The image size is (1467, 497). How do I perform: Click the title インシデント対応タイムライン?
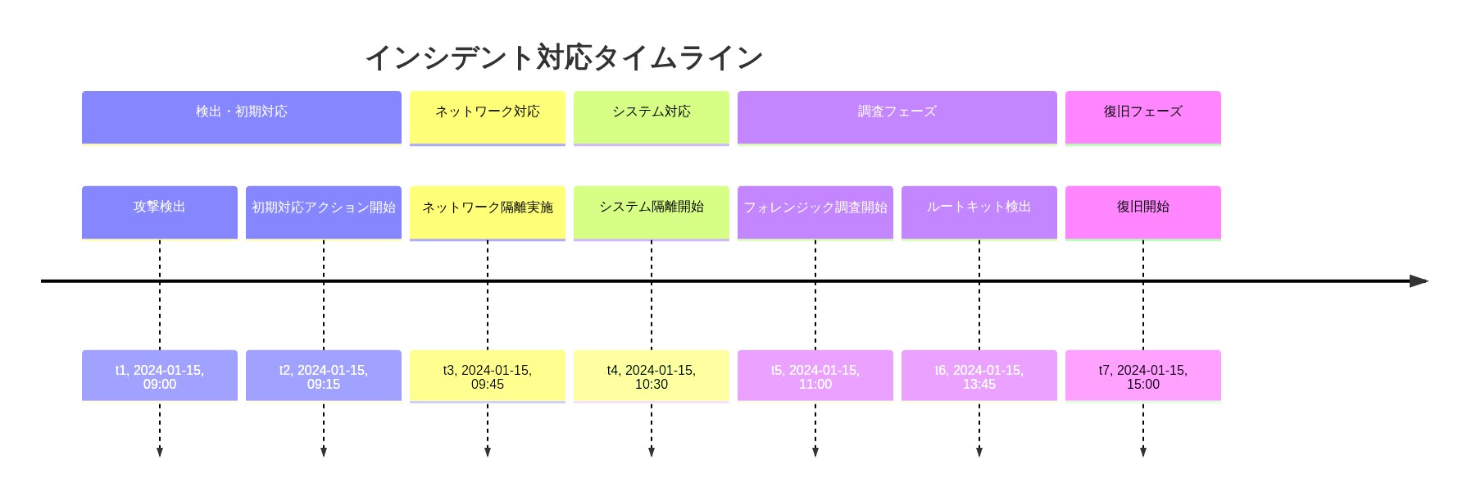[x=564, y=57]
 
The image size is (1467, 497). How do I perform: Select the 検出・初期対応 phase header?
[x=242, y=117]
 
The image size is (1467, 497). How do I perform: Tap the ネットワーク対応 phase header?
[x=488, y=117]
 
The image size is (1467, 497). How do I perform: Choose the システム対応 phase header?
[x=652, y=117]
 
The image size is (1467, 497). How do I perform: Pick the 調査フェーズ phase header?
[x=897, y=117]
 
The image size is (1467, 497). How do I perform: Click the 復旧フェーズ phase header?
[x=1143, y=117]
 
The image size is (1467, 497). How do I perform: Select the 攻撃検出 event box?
[x=160, y=212]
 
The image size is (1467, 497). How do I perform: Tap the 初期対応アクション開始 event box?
[x=324, y=212]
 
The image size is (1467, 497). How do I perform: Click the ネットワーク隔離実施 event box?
[x=488, y=212]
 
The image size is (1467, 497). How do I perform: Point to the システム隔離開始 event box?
[x=652, y=212]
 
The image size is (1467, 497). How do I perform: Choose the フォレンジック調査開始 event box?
[x=815, y=212]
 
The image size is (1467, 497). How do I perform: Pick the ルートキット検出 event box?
[x=979, y=212]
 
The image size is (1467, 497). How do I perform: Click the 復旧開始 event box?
[x=1143, y=212]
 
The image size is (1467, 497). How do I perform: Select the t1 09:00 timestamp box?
[x=160, y=376]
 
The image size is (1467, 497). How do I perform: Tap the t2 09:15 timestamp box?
[x=324, y=376]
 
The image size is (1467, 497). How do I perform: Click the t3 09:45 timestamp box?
[x=488, y=376]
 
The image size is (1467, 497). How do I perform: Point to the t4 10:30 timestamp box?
[x=652, y=376]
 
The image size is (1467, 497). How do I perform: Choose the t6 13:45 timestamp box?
[x=979, y=376]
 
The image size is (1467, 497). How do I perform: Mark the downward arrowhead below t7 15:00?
[x=1143, y=452]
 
